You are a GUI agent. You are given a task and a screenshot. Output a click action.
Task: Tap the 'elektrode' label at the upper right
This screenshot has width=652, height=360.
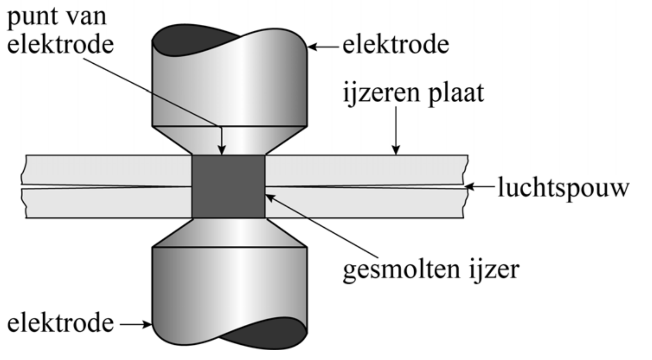[395, 45]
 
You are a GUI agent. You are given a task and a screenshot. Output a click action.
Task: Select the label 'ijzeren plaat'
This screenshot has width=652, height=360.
[414, 93]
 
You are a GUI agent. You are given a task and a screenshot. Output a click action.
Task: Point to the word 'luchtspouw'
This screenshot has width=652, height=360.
[563, 188]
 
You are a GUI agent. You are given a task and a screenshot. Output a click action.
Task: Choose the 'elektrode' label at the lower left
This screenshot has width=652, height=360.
[60, 323]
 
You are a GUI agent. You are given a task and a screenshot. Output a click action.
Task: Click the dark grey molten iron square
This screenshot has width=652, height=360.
[228, 186]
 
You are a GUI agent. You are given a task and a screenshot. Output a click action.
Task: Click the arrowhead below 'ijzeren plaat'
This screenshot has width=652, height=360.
[396, 150]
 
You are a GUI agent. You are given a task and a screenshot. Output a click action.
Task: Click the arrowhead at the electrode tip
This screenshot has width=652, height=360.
[221, 150]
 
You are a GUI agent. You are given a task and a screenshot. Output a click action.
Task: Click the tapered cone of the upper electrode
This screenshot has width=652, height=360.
[229, 140]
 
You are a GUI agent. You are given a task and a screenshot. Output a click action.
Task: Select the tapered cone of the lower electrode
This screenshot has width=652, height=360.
[229, 233]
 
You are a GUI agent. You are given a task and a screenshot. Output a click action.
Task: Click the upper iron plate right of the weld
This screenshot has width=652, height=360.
[363, 170]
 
